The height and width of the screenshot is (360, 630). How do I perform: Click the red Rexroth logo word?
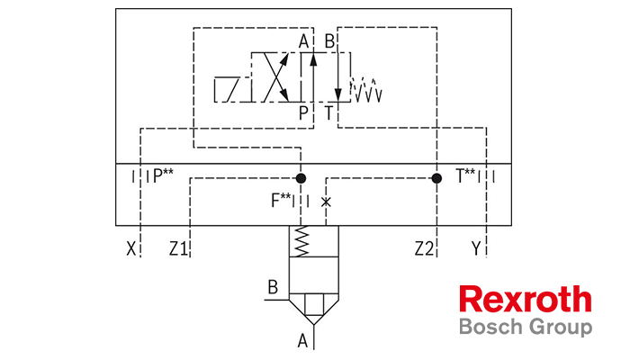pos(526,300)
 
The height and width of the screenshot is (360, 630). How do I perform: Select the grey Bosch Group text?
pos(526,327)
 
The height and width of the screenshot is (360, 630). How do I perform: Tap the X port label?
pos(131,248)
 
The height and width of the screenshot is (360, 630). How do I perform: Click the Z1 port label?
pos(178,249)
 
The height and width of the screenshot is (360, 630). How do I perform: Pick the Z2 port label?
pos(424,249)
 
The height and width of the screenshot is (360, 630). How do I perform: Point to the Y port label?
pos(476,248)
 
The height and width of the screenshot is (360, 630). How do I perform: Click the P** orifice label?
pos(163,175)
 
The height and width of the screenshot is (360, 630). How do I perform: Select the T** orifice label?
pos(465,175)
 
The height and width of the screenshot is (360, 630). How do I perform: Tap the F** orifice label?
pos(281,200)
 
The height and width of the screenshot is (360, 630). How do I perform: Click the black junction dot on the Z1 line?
pos(301,178)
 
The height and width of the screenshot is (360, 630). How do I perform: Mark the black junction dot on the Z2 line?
pos(436,178)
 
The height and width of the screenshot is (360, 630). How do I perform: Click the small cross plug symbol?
pos(326,202)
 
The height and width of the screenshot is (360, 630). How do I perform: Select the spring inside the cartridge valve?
pos(301,241)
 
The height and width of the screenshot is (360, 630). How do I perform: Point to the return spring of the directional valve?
pos(366,89)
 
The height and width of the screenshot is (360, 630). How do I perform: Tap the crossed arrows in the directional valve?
pos(275,76)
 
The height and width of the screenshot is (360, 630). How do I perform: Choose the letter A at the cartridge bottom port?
pos(303,341)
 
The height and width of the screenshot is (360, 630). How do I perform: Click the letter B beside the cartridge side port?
pos(273,287)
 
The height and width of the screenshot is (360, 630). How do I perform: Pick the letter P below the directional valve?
pos(304,112)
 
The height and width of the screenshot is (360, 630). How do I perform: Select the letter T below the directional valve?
pos(329,112)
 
